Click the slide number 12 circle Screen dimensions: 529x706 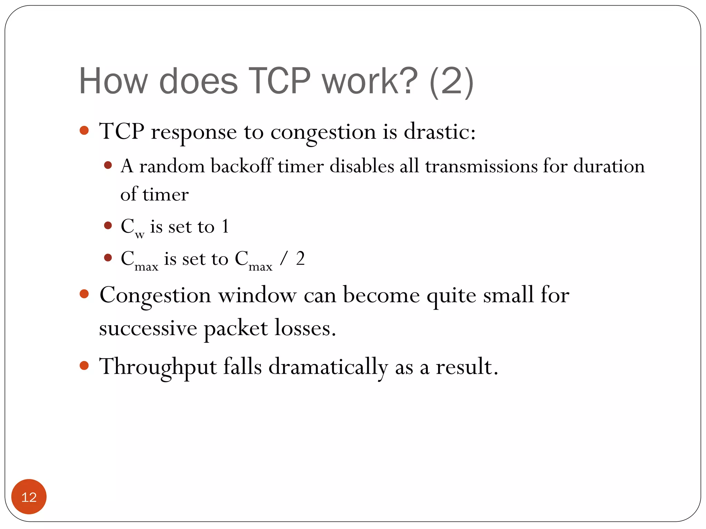pos(29,497)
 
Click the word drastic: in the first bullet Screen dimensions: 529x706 pos(440,132)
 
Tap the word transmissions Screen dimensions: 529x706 pos(481,166)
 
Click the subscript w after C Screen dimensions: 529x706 pos(140,235)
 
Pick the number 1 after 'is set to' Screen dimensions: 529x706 pos(225,227)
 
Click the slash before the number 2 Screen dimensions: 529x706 pos(283,259)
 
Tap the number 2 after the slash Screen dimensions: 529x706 pos(300,259)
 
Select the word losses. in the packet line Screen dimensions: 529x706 pos(305,328)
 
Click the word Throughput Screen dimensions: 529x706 pos(158,367)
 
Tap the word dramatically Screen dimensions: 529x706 pos(328,367)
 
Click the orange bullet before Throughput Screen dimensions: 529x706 pos(84,365)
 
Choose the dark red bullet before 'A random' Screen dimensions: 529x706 pos(108,165)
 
